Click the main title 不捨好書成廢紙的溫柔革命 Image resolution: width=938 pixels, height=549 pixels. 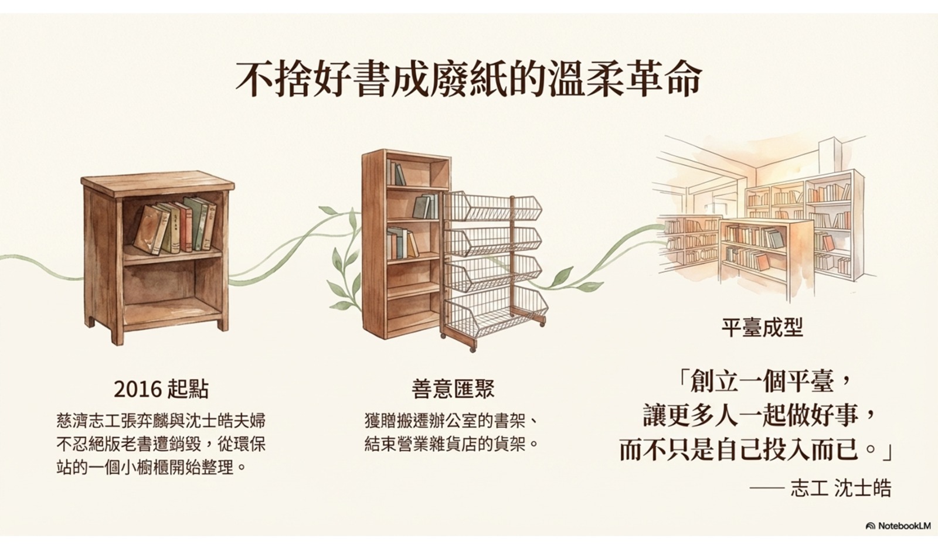(x=468, y=79)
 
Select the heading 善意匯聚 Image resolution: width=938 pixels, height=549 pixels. (x=453, y=388)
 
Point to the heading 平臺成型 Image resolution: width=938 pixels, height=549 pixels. (x=762, y=328)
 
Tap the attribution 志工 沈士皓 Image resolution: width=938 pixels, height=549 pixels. (x=841, y=488)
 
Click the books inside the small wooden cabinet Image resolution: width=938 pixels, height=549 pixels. (x=175, y=226)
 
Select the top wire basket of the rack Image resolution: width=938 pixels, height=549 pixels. (x=492, y=206)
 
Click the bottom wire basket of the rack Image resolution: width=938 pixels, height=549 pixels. (x=496, y=309)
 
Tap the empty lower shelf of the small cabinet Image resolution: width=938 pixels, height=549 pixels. (x=172, y=289)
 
